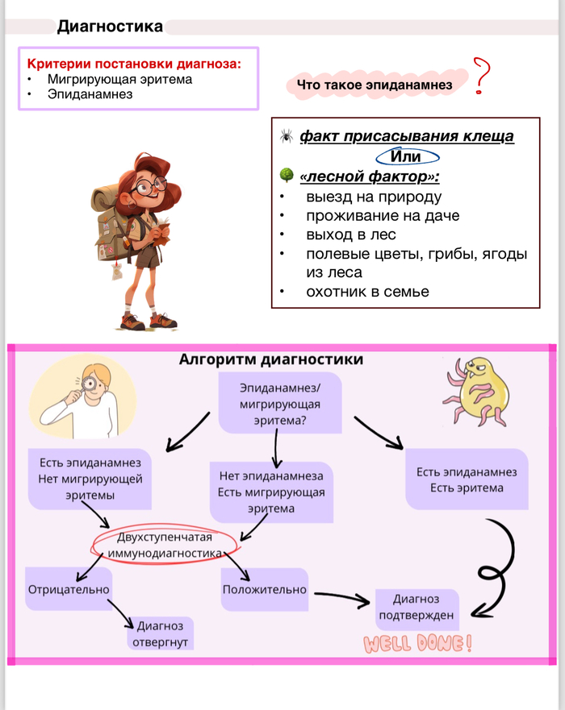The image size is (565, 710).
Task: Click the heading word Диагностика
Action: click(x=110, y=27)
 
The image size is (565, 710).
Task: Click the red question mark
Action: click(x=483, y=77)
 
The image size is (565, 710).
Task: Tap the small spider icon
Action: click(x=286, y=136)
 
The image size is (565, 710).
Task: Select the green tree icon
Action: click(x=286, y=175)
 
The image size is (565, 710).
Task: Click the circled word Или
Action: click(x=407, y=156)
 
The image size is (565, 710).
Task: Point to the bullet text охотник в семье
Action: click(x=367, y=291)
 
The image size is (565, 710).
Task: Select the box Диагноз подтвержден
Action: click(x=416, y=607)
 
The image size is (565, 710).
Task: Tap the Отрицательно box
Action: click(x=69, y=589)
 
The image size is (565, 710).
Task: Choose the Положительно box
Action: click(x=264, y=589)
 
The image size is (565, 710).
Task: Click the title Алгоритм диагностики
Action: click(x=270, y=359)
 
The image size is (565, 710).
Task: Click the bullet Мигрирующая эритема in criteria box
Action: click(x=119, y=79)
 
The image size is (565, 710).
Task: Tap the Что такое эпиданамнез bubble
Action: click(x=372, y=85)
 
